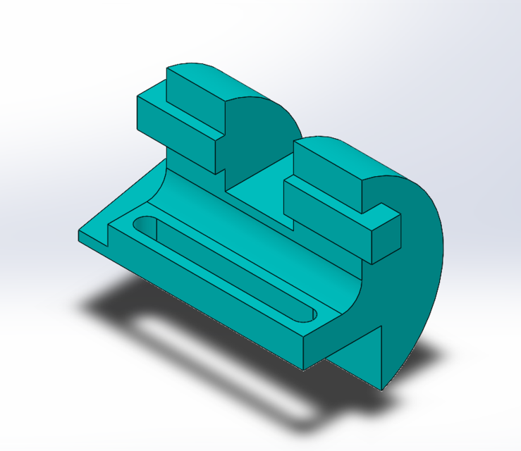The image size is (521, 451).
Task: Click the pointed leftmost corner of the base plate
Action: (x=79, y=233)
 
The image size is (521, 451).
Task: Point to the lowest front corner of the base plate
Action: (x=304, y=368)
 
